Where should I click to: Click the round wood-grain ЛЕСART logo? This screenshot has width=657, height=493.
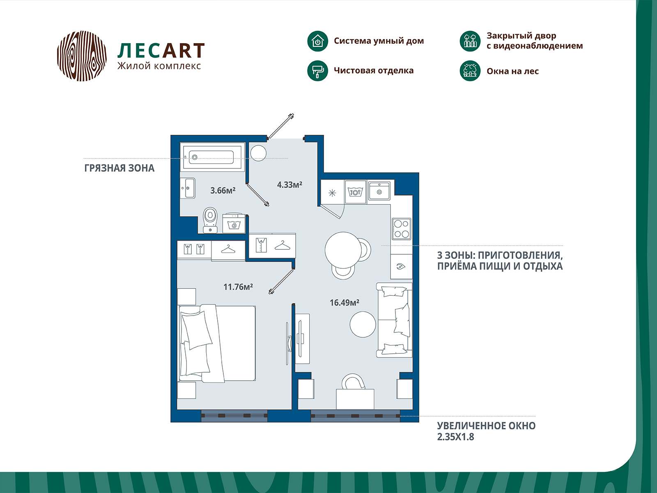pos(82,56)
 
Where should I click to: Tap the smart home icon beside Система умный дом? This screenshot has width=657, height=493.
pos(317,41)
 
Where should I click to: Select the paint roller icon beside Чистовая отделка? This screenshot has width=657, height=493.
pos(317,71)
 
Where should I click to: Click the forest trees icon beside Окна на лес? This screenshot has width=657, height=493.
pos(470,71)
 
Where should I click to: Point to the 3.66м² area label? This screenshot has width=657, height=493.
pos(223,190)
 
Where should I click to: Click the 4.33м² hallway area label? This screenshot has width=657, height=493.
pos(289,184)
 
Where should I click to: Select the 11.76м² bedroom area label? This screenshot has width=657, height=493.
pos(238,287)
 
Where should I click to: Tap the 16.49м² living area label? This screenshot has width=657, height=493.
pos(344,303)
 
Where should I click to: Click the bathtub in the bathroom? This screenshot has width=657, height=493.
pos(212,157)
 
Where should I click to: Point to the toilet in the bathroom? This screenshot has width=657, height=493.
pos(210,220)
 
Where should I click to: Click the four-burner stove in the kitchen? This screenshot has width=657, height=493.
pos(401,229)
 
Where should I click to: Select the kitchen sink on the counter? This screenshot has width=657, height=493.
pos(379,190)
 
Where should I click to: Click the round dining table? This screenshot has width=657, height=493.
pos(343,250)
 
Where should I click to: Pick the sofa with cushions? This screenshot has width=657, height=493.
pos(394,320)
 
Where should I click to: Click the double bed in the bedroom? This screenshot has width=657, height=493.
pos(217,343)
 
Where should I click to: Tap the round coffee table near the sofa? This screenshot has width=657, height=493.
pos(363,325)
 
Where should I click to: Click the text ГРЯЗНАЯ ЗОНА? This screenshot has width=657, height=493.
pos(119,168)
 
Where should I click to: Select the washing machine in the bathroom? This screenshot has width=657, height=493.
pos(234,223)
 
